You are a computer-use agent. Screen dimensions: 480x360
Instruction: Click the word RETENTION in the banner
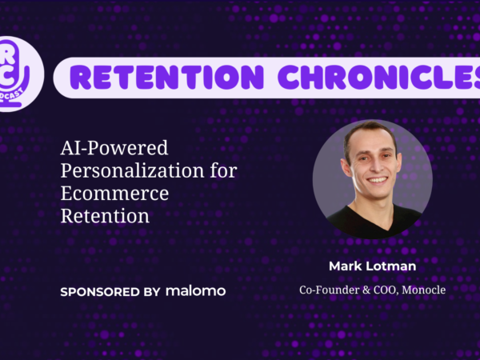pos(166,77)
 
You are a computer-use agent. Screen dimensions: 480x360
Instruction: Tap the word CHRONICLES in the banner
pos(379,77)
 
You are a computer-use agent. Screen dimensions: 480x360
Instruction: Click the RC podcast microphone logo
pos(15,74)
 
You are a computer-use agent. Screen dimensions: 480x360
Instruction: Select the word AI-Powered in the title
pos(114,148)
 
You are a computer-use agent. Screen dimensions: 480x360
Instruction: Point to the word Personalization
pos(132,170)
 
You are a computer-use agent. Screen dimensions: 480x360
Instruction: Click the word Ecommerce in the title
pos(114,193)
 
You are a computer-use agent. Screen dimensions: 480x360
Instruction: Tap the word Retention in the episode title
pos(105,216)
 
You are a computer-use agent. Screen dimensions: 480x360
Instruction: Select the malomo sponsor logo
pos(196,291)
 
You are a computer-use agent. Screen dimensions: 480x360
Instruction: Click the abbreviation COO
pos(386,290)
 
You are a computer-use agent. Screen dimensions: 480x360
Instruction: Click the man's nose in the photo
pos(374,167)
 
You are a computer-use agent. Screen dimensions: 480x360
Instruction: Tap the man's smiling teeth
pos(377,180)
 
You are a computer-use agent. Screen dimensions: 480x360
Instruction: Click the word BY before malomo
pos(151,292)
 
